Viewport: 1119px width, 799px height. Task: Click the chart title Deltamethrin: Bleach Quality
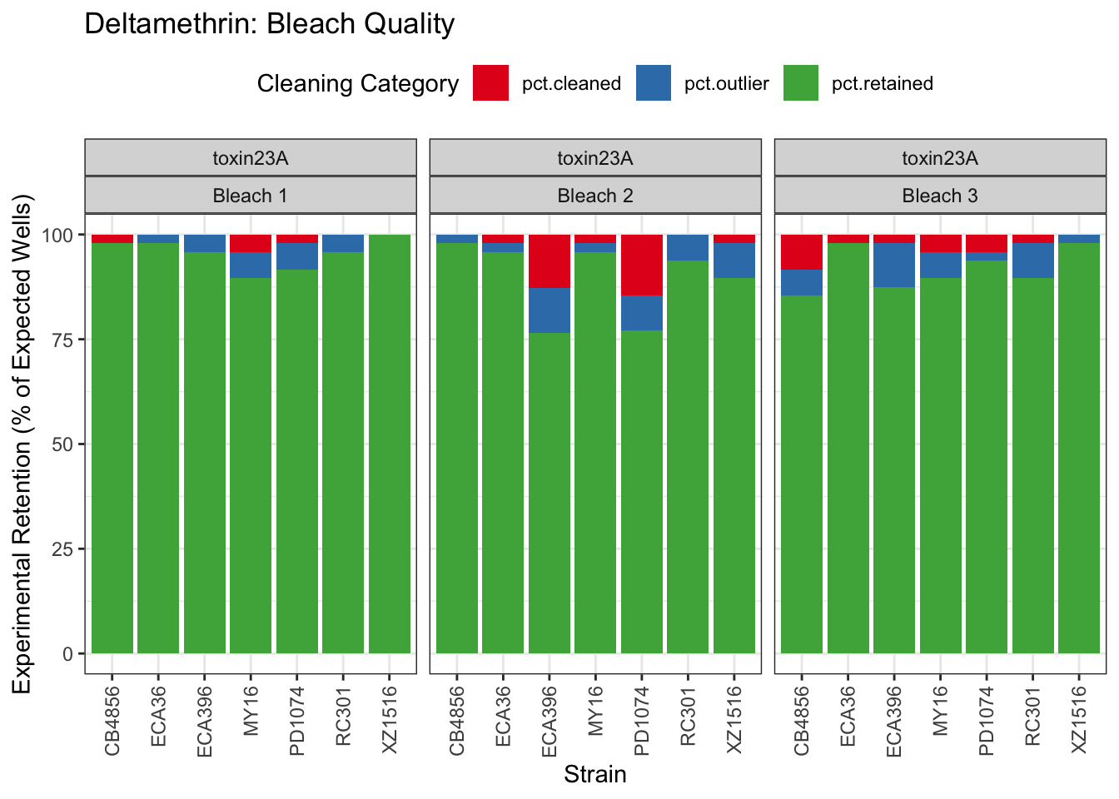point(269,24)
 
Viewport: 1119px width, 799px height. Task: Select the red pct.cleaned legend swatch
point(490,83)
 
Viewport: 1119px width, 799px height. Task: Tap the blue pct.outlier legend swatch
point(653,83)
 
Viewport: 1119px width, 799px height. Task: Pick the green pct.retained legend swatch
point(800,83)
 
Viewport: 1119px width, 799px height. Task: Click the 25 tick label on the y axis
point(62,549)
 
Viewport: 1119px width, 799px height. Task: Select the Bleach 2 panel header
point(594,196)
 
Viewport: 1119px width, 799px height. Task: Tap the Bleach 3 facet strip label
point(940,196)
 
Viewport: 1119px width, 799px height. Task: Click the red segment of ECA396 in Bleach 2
point(550,261)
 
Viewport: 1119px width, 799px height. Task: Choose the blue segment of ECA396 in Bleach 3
point(894,265)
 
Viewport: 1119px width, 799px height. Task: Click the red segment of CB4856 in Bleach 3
point(802,251)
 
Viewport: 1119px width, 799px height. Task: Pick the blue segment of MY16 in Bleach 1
point(251,265)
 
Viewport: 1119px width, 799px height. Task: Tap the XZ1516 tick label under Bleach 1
point(390,720)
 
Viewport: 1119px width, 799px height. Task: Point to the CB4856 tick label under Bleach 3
point(802,720)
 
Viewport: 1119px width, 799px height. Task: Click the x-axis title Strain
point(594,775)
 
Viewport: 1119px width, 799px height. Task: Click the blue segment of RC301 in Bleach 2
point(688,247)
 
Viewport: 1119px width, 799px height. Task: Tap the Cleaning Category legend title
point(357,83)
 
